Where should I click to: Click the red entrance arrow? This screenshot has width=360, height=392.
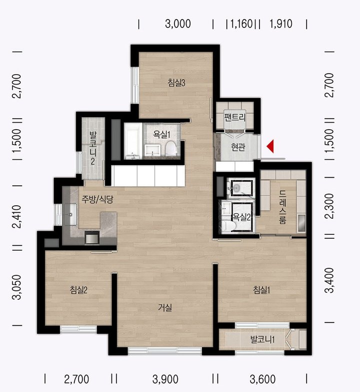[x=270, y=146]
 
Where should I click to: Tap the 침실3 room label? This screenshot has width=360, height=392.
[x=176, y=83]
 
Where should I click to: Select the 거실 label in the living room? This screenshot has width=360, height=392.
[x=165, y=307]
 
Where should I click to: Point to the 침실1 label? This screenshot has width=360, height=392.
[x=261, y=290]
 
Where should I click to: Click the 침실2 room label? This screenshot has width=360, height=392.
[x=78, y=290]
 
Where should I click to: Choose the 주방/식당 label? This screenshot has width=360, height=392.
[x=97, y=199]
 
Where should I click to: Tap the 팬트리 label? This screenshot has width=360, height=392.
[x=235, y=117]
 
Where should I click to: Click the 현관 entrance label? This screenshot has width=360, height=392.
[x=238, y=147]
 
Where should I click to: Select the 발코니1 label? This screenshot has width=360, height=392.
[x=262, y=339]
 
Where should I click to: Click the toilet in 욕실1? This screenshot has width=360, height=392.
[x=171, y=149]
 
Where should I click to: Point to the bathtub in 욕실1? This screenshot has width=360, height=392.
[x=133, y=141]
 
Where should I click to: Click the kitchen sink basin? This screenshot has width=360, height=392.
[x=70, y=214]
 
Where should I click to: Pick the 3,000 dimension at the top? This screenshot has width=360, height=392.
[x=178, y=24]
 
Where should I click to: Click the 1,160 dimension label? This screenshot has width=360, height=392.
[x=241, y=24]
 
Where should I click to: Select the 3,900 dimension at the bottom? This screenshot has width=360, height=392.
[x=165, y=379]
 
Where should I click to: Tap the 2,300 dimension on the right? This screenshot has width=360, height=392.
[x=330, y=206]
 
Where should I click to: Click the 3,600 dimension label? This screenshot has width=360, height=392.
[x=262, y=379]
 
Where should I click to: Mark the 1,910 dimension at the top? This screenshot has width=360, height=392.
[x=281, y=24]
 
